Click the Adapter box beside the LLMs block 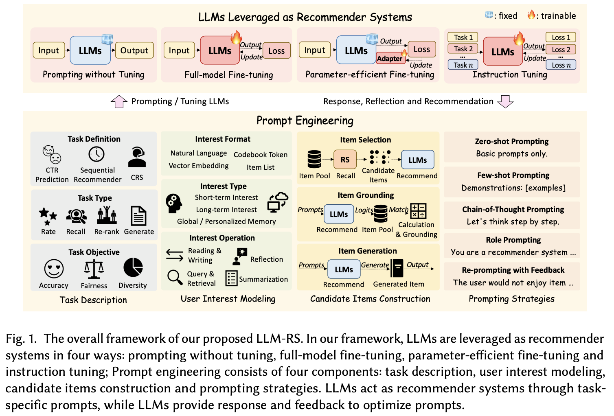pos(390,58)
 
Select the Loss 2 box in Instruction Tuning pos(561,50)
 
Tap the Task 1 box pos(463,37)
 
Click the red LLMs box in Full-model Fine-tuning pos(219,50)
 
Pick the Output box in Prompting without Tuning pos(134,50)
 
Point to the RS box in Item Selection pos(345,160)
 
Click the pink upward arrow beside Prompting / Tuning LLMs pos(119,101)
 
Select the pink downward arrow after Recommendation pos(505,102)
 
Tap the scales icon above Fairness pos(94,269)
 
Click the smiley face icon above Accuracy pos(54,269)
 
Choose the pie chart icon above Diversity pos(133,267)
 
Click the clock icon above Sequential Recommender pos(96,154)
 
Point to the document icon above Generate pos(138,216)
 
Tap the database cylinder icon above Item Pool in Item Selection pos(314,159)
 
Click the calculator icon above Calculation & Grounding pos(418,211)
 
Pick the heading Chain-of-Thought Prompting pos(513,209)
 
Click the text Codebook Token pos(261,155)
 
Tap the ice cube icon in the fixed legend pos(489,15)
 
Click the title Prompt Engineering pos(305,120)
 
